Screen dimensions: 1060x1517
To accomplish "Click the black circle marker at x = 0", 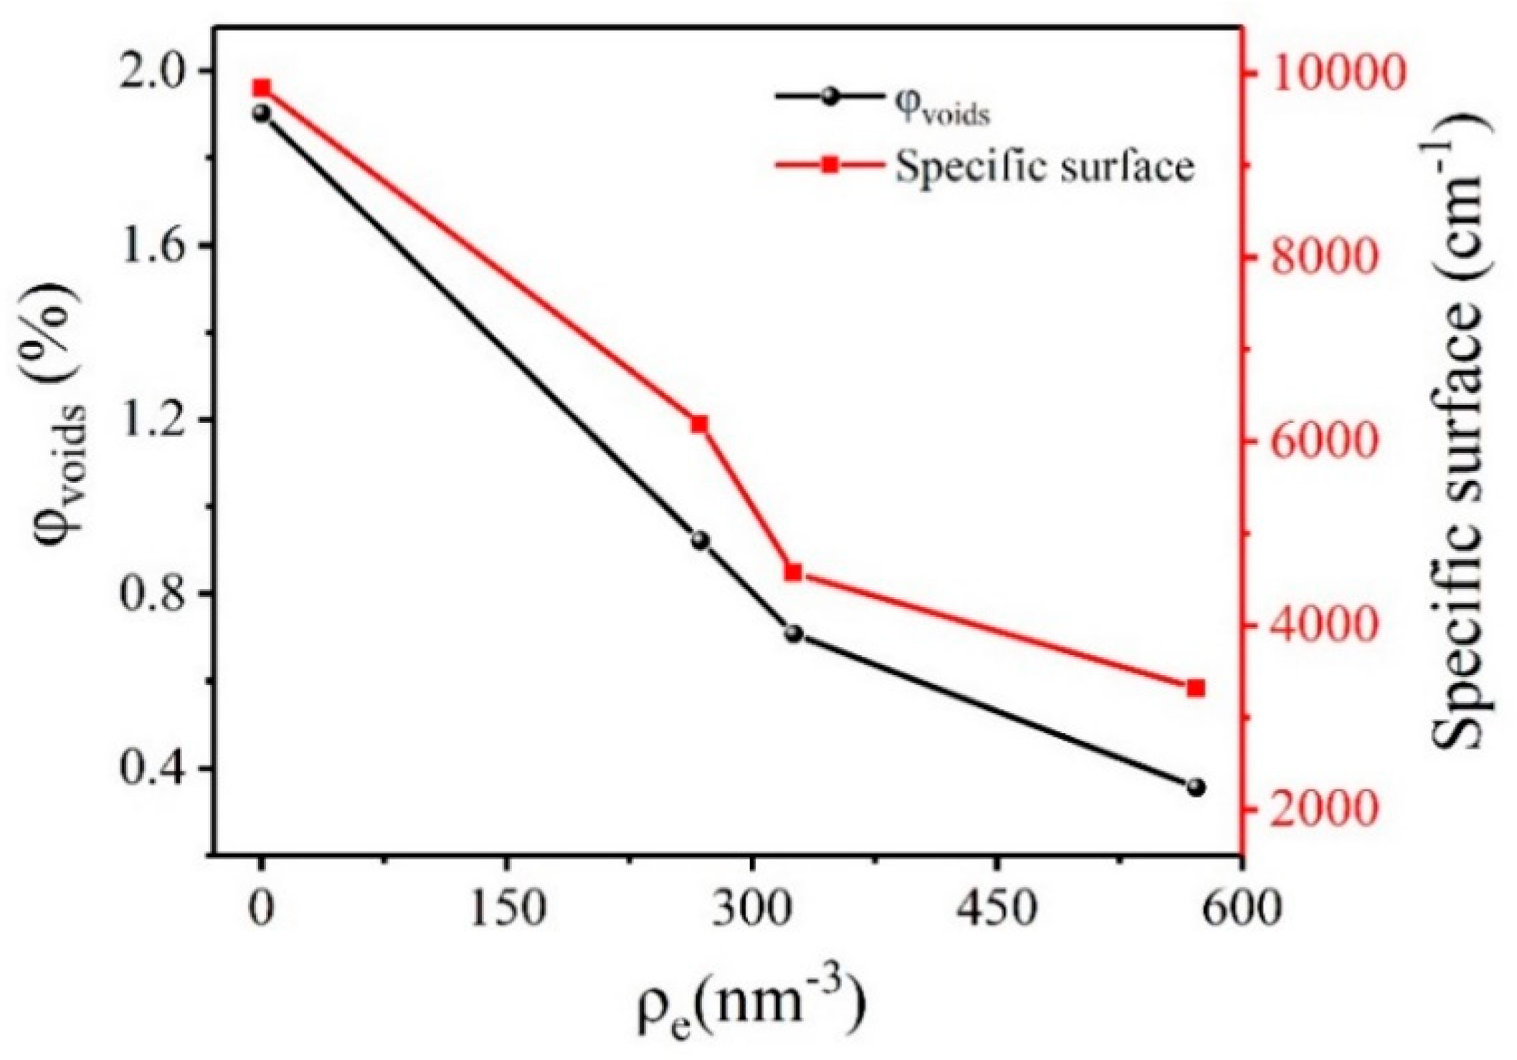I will click(262, 113).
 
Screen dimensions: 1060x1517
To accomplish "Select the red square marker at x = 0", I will click(262, 88).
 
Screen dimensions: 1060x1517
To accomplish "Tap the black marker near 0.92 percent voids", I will click(700, 540).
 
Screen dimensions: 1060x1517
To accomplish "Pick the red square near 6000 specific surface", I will click(700, 424).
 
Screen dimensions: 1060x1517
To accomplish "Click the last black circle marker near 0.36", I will click(1195, 788).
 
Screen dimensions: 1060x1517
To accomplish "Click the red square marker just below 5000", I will click(793, 572).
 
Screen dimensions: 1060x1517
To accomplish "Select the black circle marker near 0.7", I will click(794, 634).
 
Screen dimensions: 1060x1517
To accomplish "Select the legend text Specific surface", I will click(1045, 167).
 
